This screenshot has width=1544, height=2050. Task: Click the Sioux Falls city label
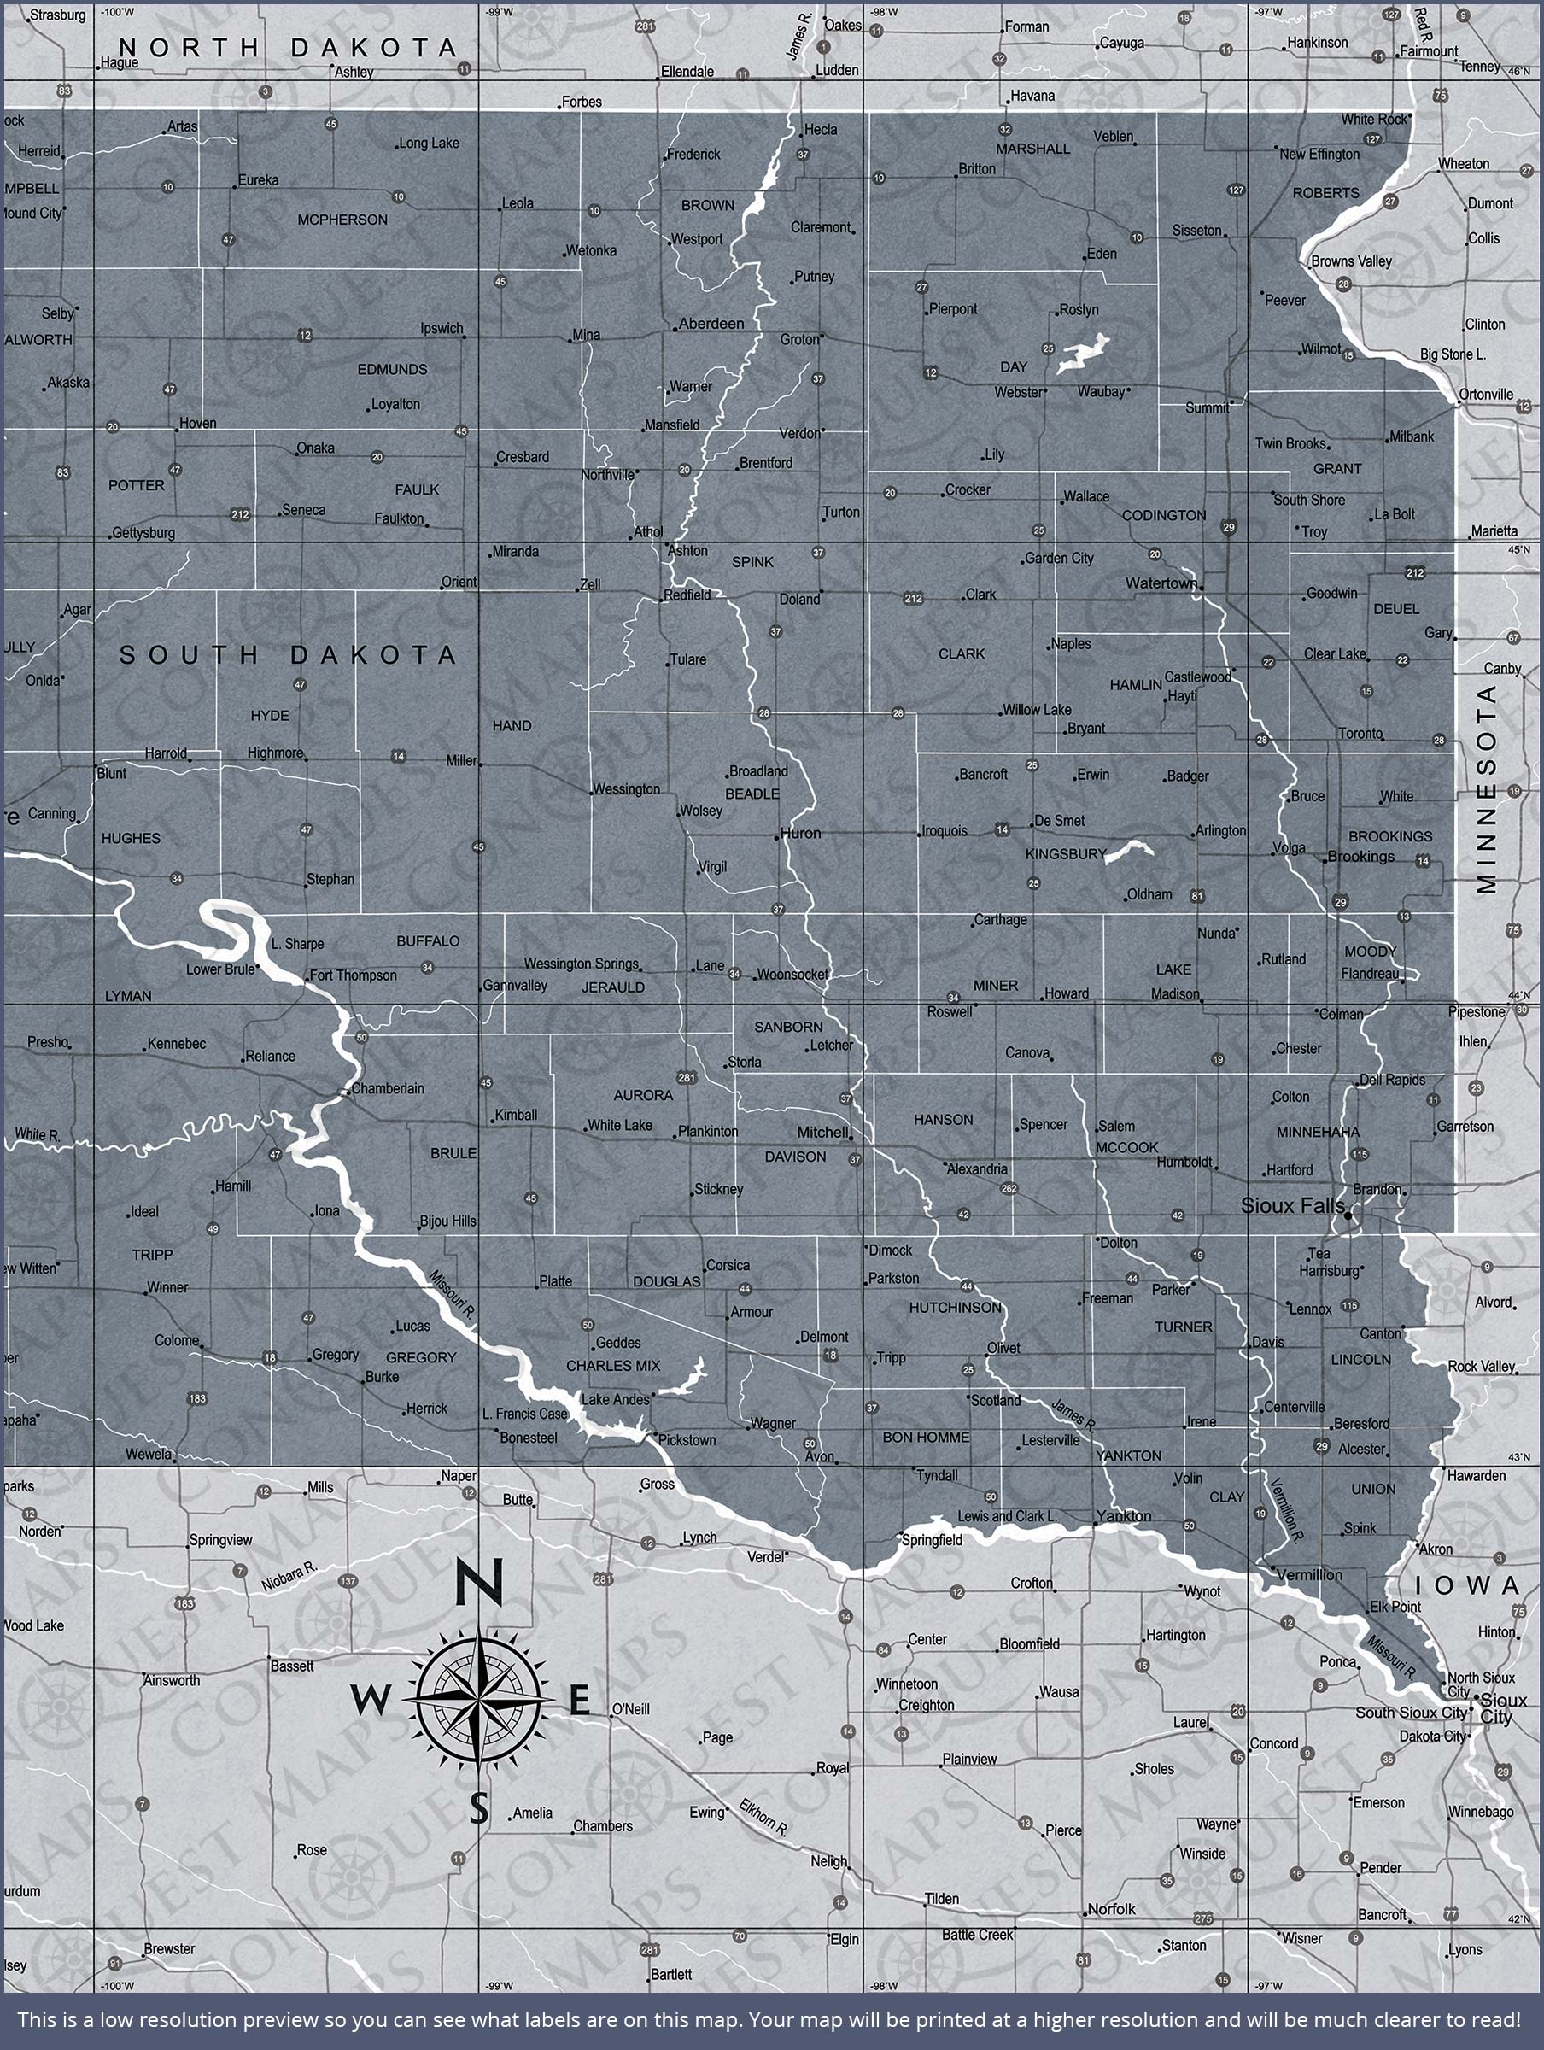[1292, 1206]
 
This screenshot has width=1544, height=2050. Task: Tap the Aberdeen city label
[711, 324]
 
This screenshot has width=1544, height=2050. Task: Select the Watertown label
[1161, 583]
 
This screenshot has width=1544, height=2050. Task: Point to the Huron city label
[800, 833]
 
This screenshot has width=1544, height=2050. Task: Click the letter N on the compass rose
[479, 1582]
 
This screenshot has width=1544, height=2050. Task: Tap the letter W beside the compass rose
[370, 1701]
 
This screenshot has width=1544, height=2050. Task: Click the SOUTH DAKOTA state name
[287, 655]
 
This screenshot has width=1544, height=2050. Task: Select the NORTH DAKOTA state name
[287, 48]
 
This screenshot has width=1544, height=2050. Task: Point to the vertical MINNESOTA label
[1487, 788]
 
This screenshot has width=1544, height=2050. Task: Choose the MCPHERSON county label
[342, 220]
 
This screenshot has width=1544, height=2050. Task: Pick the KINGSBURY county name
[1066, 853]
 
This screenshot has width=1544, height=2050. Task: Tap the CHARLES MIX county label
[612, 1366]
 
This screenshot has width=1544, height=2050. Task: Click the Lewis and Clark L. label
[1007, 1516]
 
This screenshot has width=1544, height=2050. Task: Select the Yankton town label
[1123, 1516]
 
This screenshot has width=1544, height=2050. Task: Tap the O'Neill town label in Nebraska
[630, 1709]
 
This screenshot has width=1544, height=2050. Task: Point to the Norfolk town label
[1111, 1909]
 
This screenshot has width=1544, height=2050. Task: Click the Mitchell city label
[823, 1133]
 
